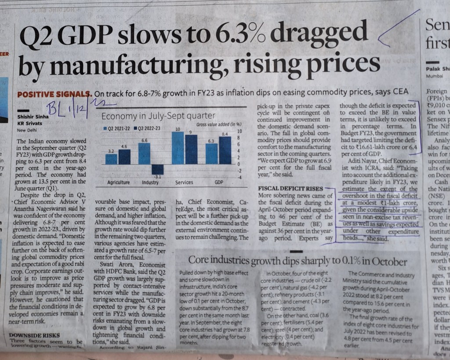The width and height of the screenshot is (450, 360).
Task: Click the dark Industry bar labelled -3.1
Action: click(x=157, y=170)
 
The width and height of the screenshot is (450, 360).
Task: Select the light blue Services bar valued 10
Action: click(x=178, y=148)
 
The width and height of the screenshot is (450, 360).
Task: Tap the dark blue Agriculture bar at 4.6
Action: click(x=125, y=157)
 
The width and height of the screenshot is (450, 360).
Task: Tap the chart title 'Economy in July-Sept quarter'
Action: click(x=158, y=116)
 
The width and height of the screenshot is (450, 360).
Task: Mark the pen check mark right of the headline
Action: click(x=396, y=31)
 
